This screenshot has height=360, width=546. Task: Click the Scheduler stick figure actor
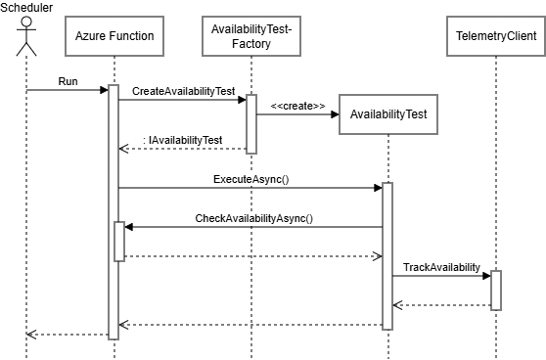[x=26, y=38]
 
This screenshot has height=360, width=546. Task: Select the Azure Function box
[x=114, y=38]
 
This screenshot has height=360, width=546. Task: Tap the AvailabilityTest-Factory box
[x=251, y=38]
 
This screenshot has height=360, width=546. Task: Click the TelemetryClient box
[x=495, y=38]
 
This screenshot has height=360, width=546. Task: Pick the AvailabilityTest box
[x=388, y=114]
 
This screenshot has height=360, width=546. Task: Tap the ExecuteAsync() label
[x=250, y=180]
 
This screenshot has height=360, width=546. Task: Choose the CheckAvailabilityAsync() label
[x=254, y=218]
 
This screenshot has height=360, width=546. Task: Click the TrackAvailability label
[x=441, y=267]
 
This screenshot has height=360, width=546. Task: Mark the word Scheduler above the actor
[x=26, y=7]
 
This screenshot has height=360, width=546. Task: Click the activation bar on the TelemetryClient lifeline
[x=496, y=291]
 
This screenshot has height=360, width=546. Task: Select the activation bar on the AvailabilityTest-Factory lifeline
[x=251, y=123]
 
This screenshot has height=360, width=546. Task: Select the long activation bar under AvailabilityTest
[x=387, y=255]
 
